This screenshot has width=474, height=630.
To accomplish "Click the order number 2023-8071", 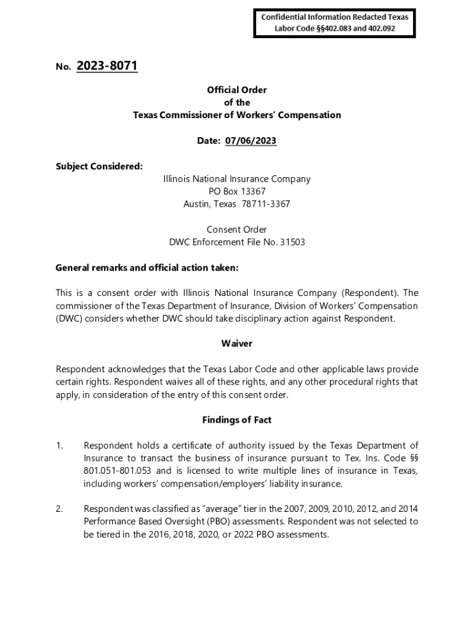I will [x=107, y=66].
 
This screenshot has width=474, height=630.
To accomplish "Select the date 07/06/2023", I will [x=251, y=141].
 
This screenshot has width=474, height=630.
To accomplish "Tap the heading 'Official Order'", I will [x=237, y=90].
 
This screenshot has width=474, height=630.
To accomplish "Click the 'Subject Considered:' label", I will [x=90, y=166].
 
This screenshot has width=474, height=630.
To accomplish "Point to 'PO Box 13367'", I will [x=237, y=191].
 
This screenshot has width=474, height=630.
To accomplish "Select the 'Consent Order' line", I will [x=237, y=229].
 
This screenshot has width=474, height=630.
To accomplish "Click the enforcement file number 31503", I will [x=292, y=242].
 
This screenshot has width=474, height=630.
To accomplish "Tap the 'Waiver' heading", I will [x=237, y=344].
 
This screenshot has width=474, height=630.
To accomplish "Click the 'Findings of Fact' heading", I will [x=237, y=420].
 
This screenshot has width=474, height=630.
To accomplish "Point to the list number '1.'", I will [x=60, y=445].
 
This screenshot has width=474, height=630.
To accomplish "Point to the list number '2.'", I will [x=60, y=509].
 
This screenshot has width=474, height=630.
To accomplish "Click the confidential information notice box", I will [x=335, y=23].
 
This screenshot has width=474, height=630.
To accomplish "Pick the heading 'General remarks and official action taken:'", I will [x=147, y=268].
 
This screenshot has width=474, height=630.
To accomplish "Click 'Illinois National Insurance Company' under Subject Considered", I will [x=237, y=179].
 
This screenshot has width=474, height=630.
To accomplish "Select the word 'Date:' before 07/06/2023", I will [x=209, y=141].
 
